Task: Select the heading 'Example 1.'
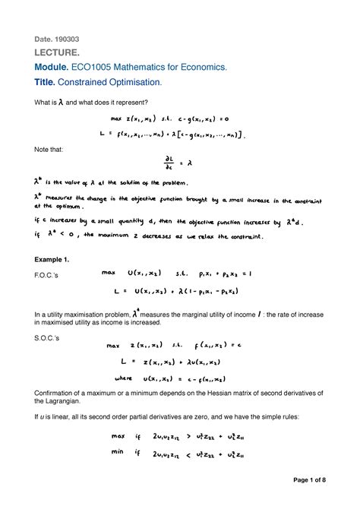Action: pos(52,260)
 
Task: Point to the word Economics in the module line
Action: pos(201,67)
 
